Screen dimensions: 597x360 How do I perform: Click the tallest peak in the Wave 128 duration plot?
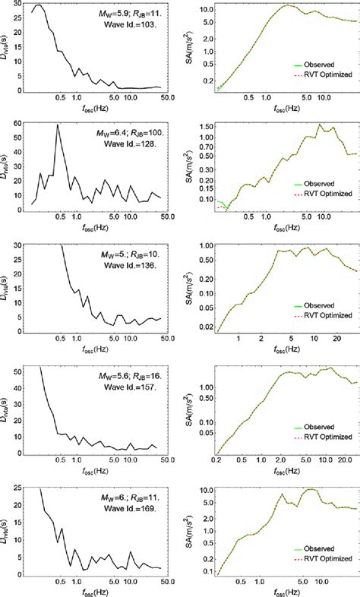pyautogui.click(x=58, y=125)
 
